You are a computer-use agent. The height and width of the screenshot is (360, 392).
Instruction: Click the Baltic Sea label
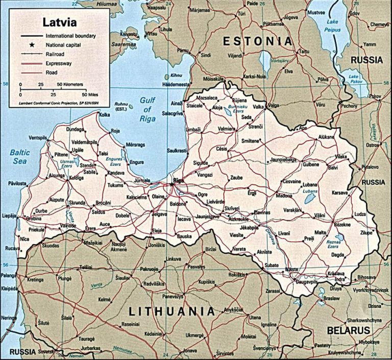(x=20, y=157)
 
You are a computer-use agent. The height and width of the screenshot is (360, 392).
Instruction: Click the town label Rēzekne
(x=342, y=225)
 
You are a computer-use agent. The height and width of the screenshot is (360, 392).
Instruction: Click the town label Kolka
(x=104, y=115)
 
